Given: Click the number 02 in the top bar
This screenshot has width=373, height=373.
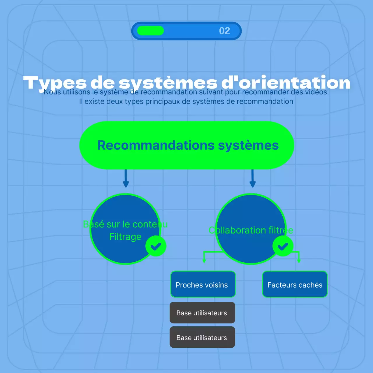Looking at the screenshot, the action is point(224,31).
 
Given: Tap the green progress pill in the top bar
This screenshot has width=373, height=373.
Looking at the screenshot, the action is point(150,31).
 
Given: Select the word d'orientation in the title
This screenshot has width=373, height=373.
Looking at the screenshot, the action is point(286,83).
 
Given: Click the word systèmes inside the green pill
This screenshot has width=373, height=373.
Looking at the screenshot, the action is point(248,145).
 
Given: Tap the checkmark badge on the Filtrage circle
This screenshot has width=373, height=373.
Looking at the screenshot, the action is point(156,246).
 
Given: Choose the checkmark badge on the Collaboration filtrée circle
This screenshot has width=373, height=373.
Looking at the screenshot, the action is point(283,246).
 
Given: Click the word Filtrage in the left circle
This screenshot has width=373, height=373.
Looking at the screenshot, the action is point(125,237).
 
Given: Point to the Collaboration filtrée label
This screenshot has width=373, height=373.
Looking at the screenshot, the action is point(251,230).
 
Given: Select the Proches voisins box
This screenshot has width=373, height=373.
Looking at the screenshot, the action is point(203,284).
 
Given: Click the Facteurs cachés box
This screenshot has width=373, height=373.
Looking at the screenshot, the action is point(295,284).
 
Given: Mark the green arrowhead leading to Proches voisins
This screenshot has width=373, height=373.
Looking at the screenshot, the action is point(204,260).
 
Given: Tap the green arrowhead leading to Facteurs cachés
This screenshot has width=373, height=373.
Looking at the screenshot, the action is point(299,260).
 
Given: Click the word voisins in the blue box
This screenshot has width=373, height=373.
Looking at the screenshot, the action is point(214,285).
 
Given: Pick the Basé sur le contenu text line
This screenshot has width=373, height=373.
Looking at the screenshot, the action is point(125,224).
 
